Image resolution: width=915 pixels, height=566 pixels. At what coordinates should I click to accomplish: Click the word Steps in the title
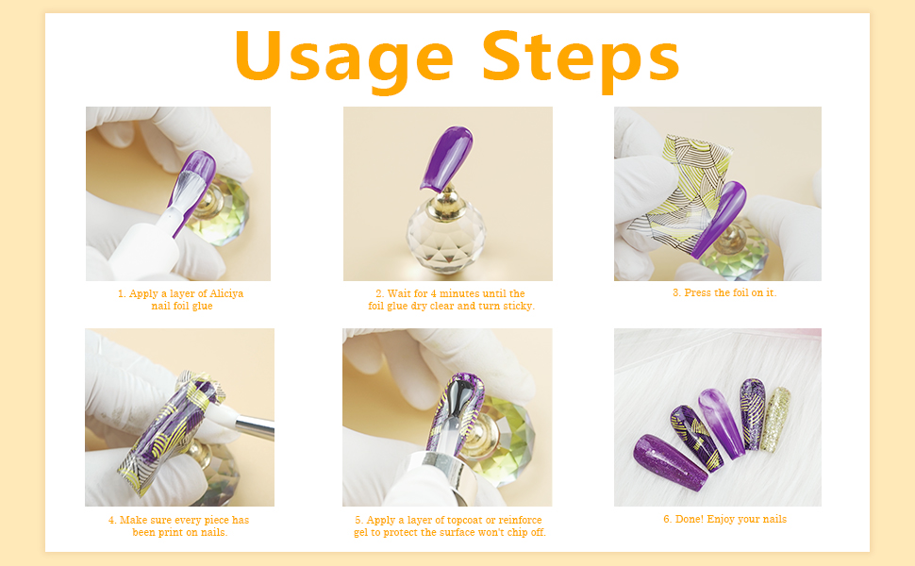(580, 57)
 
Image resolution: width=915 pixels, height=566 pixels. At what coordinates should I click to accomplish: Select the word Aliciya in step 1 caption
(225, 293)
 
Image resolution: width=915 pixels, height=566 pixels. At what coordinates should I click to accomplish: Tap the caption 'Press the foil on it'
(724, 292)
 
